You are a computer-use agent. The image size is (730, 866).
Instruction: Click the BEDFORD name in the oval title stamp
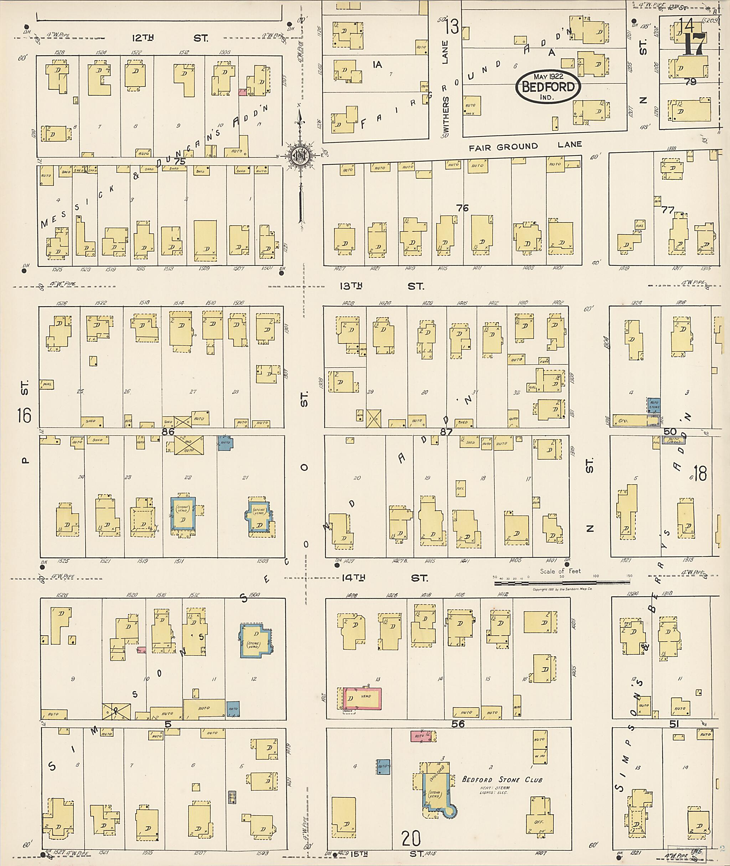(548, 87)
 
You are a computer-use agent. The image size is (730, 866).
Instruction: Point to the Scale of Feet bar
(562, 583)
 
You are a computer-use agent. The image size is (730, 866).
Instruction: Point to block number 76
(462, 208)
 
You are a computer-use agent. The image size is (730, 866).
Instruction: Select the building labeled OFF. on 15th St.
(539, 821)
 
